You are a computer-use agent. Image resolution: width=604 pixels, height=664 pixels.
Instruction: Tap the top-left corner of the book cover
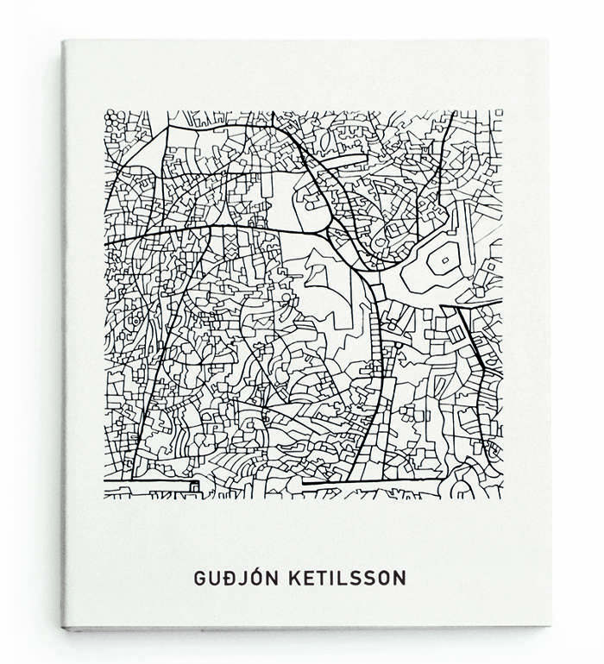63,41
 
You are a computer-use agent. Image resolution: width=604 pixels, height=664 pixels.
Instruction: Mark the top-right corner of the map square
502,111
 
